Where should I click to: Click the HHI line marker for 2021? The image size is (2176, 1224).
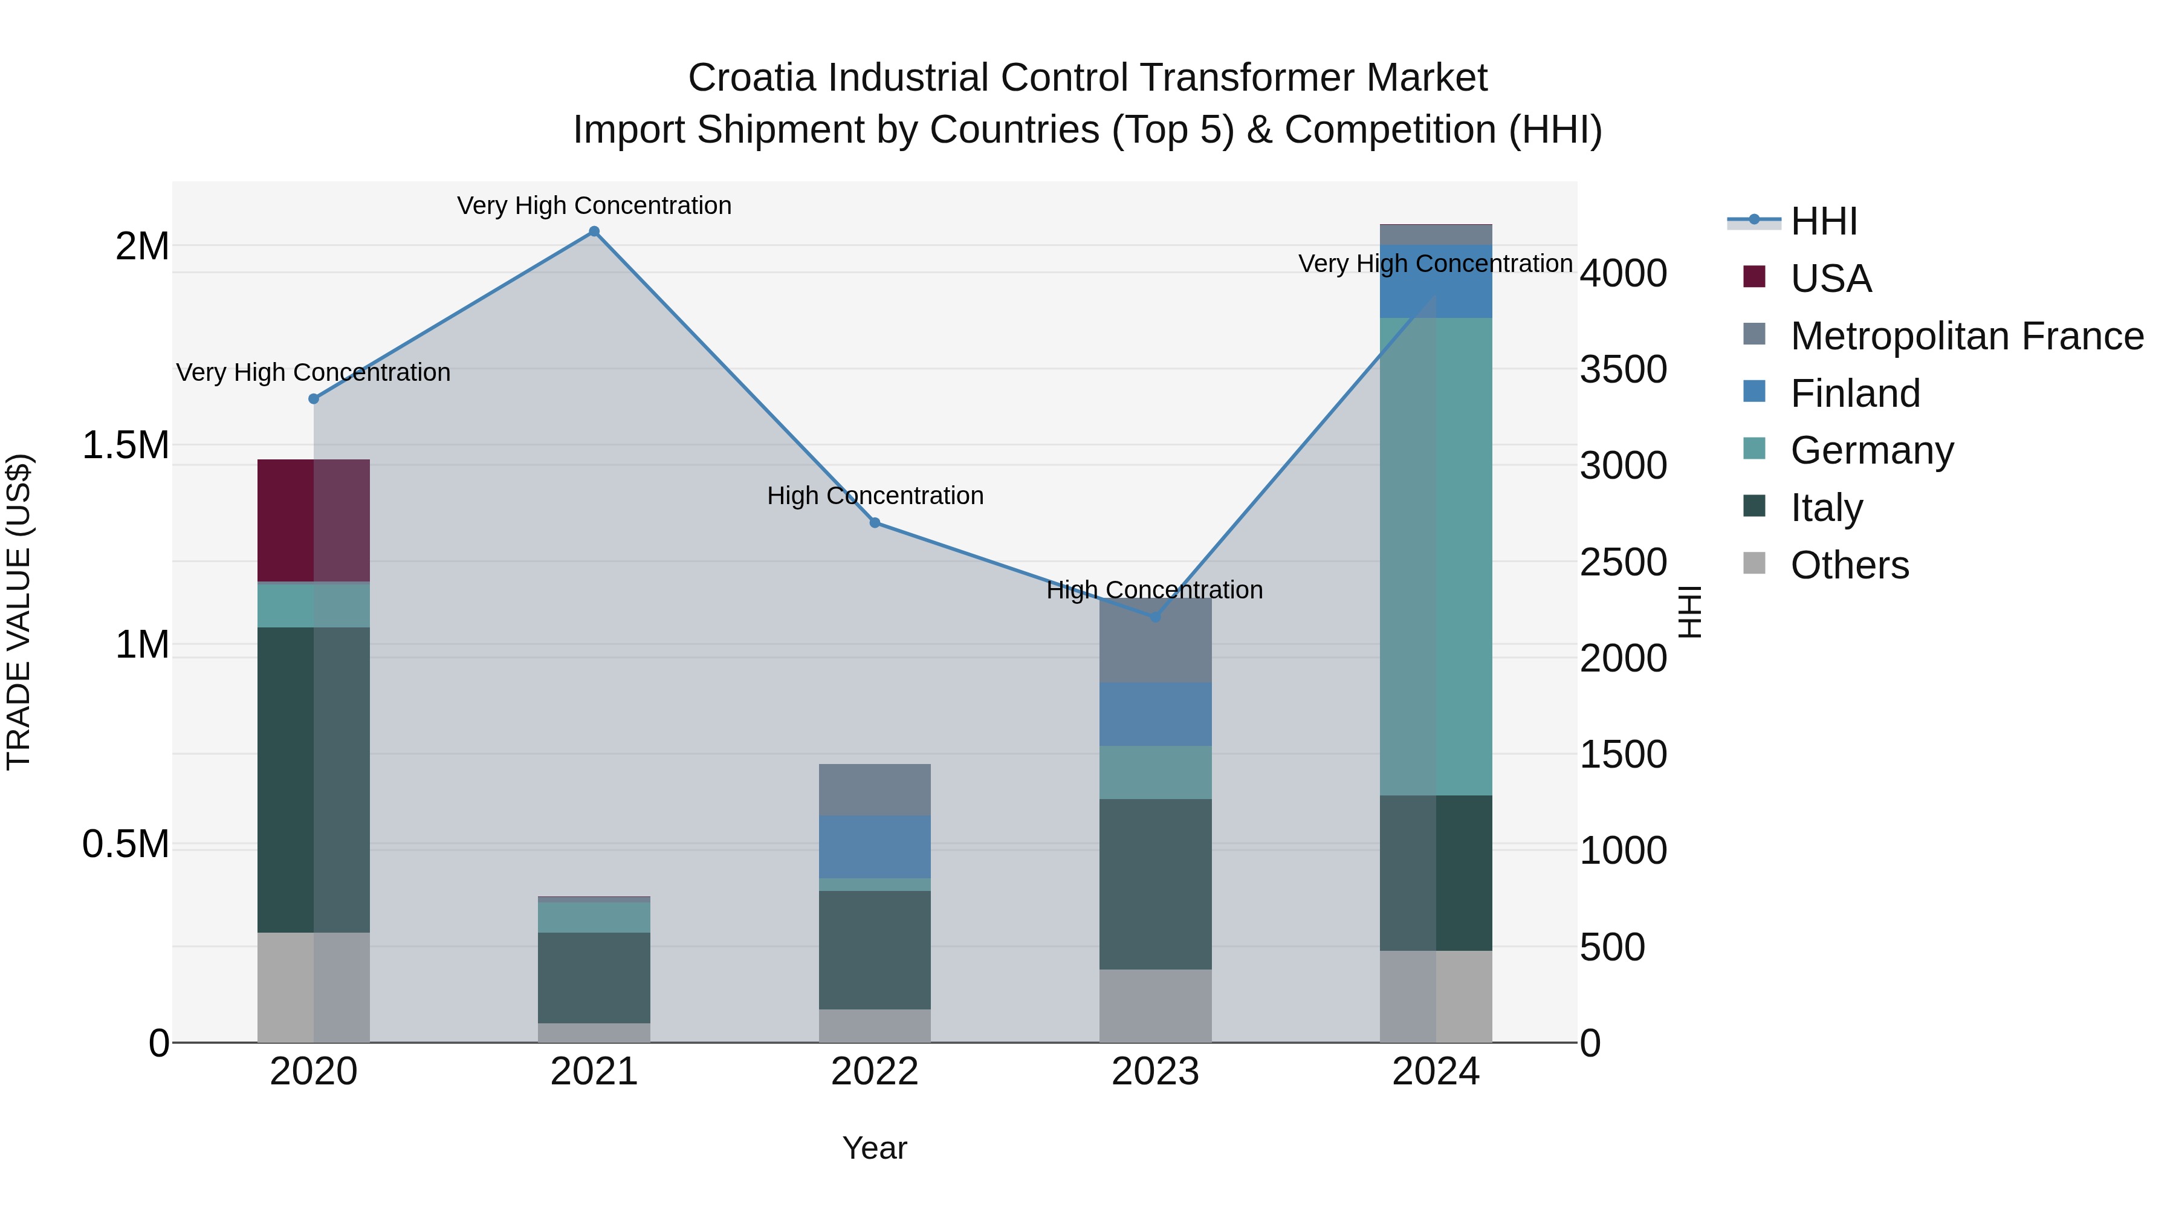tap(594, 232)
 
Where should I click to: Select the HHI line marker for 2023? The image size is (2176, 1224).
tap(1156, 617)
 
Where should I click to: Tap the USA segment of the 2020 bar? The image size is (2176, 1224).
tap(313, 520)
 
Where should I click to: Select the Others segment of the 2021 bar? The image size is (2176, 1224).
tap(594, 1032)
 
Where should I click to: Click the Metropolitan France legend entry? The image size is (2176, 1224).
tap(1966, 336)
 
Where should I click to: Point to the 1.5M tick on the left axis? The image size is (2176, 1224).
tap(126, 445)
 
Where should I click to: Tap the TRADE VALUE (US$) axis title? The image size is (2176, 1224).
tap(19, 612)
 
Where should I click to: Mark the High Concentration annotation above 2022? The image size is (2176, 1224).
tap(875, 496)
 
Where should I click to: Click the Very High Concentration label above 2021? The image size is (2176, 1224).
tap(594, 206)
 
